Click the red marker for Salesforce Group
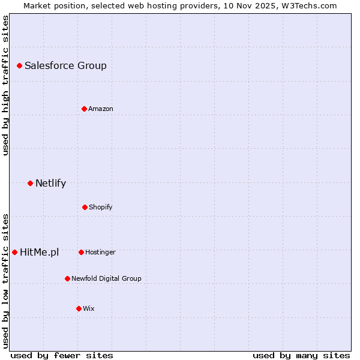point(19,65)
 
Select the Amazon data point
point(84,109)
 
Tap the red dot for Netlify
point(30,183)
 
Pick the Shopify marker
point(85,207)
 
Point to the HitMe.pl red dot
point(14,252)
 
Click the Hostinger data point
point(81,252)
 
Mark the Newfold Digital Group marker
point(67,278)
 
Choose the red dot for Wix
point(79,308)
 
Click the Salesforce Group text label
point(65,66)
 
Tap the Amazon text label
point(101,109)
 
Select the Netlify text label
point(50,184)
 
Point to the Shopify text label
point(101,208)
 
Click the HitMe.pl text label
point(40,253)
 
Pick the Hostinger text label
point(100,253)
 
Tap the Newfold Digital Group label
point(106,279)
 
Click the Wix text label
point(89,309)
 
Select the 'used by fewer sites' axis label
point(62,355)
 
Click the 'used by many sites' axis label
point(301,355)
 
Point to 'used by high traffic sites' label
point(5,85)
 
